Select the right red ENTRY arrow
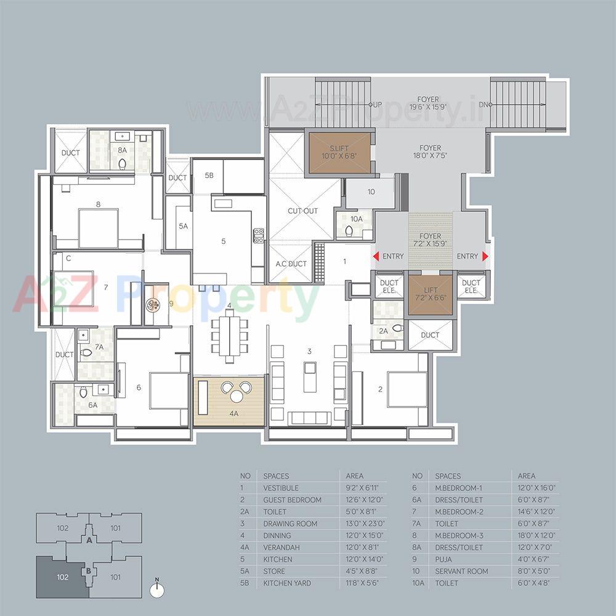tap(485, 256)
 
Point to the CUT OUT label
tap(302, 211)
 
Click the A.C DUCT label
tap(291, 264)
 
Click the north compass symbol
tap(158, 589)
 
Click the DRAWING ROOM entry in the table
tap(290, 524)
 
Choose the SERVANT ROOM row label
tap(461, 571)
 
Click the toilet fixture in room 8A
tap(122, 163)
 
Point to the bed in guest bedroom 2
tap(406, 389)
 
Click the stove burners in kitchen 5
tap(259, 235)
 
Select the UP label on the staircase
tap(375, 105)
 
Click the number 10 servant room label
tap(371, 192)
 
